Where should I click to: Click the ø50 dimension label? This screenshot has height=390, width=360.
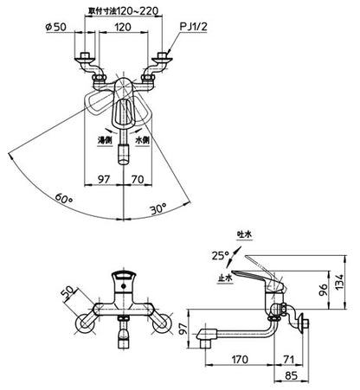[56, 27]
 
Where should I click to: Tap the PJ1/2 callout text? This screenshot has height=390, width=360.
[193, 27]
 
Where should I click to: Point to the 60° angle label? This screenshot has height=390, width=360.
[64, 198]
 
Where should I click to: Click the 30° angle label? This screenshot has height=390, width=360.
[158, 208]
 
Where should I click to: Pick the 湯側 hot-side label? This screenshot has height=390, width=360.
[105, 140]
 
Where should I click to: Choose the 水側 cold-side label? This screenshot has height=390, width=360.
[143, 140]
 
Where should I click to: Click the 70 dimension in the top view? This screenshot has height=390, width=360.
[138, 180]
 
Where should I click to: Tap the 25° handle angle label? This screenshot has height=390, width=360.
[220, 255]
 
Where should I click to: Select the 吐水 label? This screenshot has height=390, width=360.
[244, 234]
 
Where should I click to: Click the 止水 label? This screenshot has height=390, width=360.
[225, 278]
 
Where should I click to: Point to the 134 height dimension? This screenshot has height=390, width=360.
[340, 282]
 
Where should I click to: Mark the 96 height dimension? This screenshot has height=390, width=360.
[323, 291]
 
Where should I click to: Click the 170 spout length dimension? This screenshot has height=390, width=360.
[240, 360]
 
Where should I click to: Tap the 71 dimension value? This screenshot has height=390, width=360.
[288, 360]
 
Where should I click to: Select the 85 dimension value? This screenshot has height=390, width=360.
[291, 376]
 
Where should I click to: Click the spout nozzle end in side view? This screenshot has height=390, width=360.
[204, 340]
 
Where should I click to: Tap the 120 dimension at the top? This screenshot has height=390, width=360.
[123, 27]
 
